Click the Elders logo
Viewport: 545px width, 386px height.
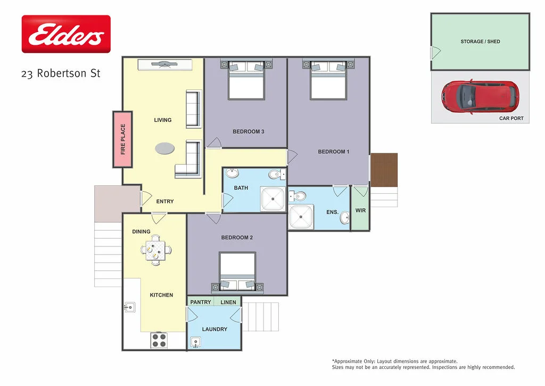[66, 34]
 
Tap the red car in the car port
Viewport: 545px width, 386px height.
[479, 97]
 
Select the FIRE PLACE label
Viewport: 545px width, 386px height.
[123, 139]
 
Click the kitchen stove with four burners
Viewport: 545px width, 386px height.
[159, 340]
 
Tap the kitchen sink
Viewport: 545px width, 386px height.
[129, 307]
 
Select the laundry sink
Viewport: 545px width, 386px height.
[196, 342]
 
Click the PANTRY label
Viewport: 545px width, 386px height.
[201, 302]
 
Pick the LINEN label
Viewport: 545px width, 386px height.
[228, 302]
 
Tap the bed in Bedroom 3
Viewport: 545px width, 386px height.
[246, 80]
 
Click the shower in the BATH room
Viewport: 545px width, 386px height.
[273, 200]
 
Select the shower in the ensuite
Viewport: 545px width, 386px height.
[301, 217]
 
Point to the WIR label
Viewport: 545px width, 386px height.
[360, 211]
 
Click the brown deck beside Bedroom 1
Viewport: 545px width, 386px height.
[384, 170]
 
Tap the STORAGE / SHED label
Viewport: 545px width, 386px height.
[480, 42]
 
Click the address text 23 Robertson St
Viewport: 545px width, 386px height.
[61, 73]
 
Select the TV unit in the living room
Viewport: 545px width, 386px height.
[164, 65]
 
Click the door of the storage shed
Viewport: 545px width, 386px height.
[435, 53]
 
